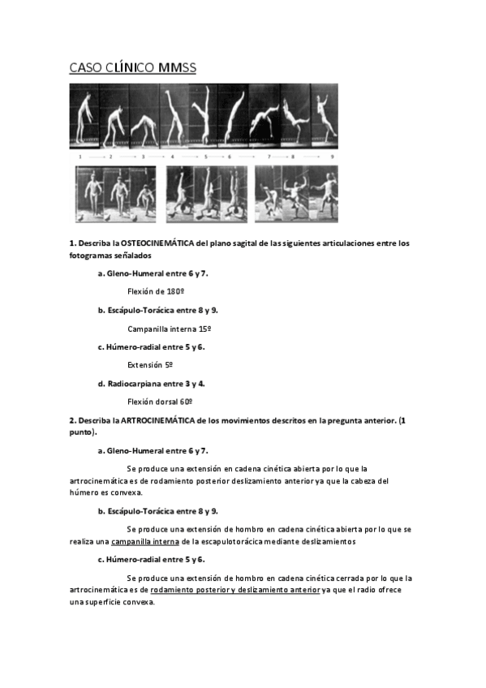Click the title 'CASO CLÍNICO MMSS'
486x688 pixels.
[132, 68]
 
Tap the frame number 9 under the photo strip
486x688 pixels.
[332, 156]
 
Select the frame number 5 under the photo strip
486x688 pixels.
[205, 156]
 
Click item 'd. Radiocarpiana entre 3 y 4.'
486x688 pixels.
[153, 384]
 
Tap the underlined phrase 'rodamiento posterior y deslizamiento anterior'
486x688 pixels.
[235, 590]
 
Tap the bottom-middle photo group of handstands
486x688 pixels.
[206, 194]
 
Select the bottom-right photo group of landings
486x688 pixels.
[296, 194]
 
